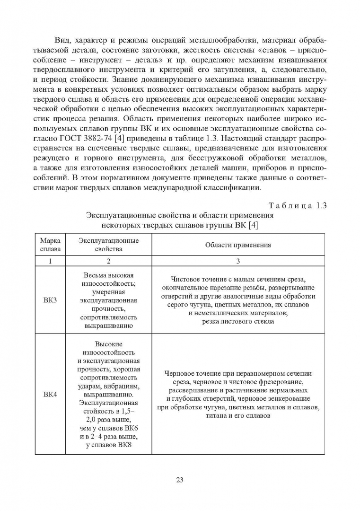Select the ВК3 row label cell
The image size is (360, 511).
coord(51,300)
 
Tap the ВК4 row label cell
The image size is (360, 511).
coord(51,394)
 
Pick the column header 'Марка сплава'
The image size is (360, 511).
coord(51,245)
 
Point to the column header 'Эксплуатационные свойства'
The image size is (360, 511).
coord(109,245)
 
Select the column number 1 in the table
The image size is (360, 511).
coord(51,261)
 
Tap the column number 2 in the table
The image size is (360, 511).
coord(109,261)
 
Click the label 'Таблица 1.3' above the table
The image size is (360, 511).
coord(297,205)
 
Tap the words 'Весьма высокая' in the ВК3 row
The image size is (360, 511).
coord(109,275)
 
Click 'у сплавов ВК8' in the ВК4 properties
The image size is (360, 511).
coord(109,445)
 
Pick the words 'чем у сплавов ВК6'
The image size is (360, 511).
coord(109,428)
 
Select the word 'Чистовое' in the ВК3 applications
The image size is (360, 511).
coord(186,279)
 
